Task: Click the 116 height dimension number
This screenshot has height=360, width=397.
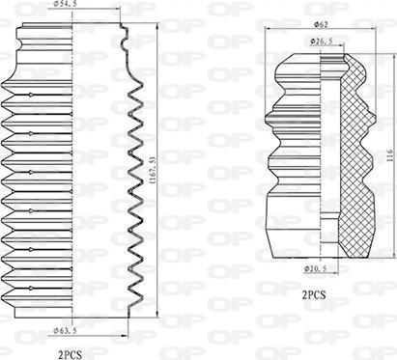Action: (x=388, y=154)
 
